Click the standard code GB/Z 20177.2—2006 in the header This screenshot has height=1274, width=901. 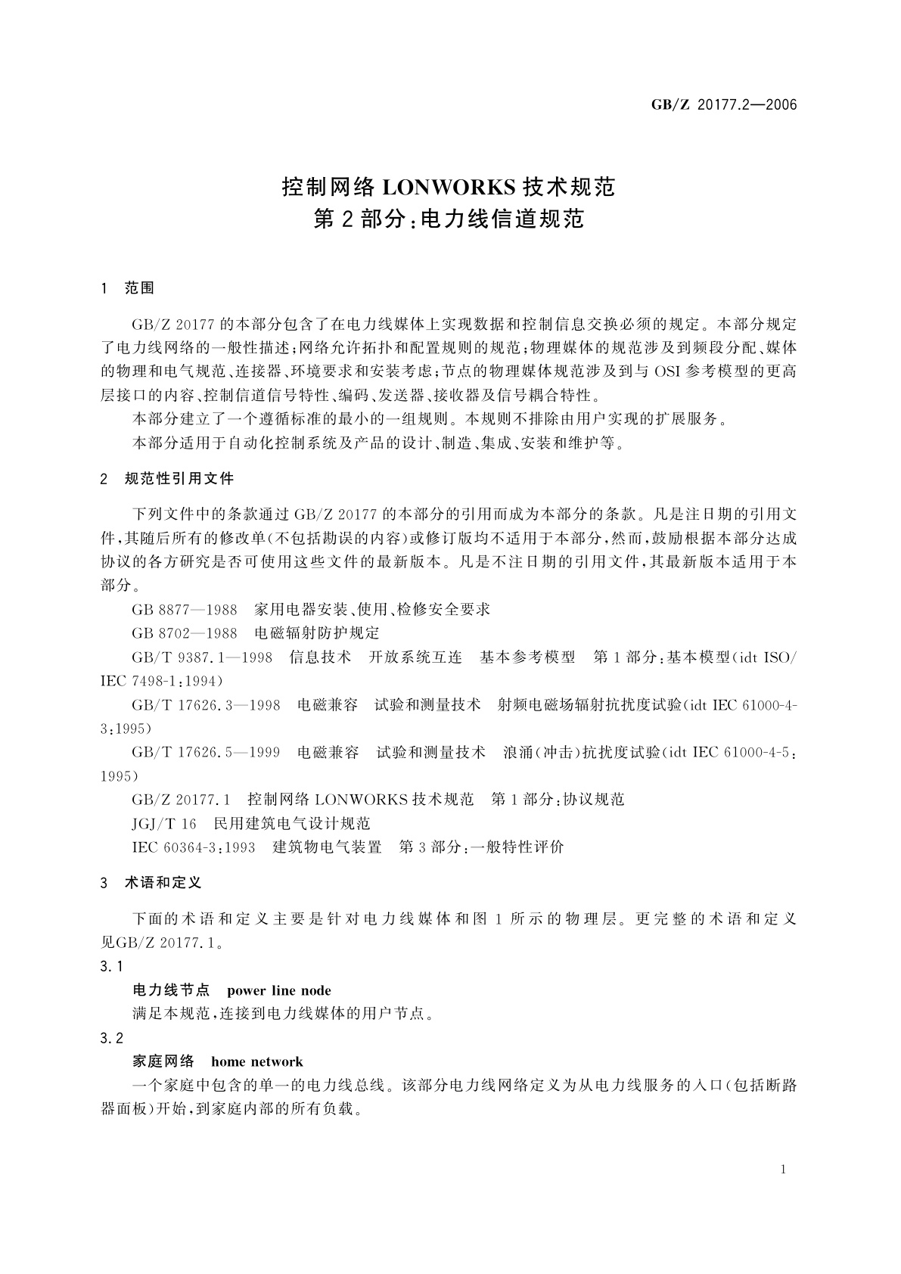point(724,105)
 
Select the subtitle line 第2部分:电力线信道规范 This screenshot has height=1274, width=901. point(449,220)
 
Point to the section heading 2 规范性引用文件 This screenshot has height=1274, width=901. point(167,479)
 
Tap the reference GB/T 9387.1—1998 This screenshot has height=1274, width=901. point(202,657)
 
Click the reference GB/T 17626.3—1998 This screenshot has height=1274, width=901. point(206,705)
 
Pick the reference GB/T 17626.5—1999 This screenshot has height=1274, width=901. point(206,753)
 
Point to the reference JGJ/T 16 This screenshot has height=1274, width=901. point(164,823)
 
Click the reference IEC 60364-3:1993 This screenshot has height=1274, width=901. point(194,847)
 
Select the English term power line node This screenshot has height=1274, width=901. point(278,991)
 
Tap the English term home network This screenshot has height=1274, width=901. point(257,1061)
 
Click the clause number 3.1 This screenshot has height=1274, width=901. point(110,967)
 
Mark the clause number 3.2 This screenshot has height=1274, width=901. point(110,1038)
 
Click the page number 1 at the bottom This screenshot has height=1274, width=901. point(783,1170)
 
